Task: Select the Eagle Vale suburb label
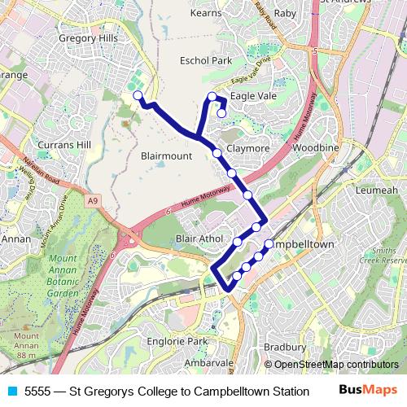point(253,96)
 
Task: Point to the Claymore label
point(247,149)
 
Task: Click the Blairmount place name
point(166,155)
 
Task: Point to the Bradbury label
point(285,348)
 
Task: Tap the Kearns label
point(205,13)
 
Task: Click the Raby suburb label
point(286,13)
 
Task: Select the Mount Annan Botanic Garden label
point(63,278)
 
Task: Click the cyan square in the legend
point(11,391)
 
